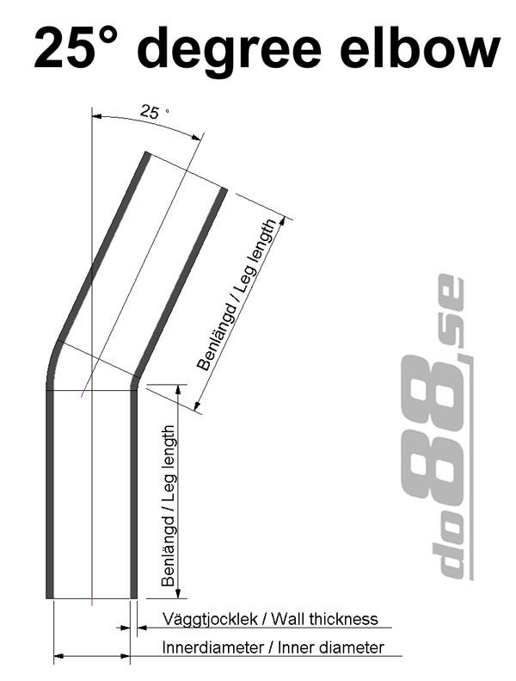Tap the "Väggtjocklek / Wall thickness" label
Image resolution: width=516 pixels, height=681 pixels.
(x=270, y=618)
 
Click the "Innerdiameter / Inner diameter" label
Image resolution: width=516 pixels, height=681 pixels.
(x=273, y=647)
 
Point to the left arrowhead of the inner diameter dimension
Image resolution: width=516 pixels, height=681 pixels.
(x=58, y=658)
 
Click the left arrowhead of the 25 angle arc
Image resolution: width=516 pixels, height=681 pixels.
(x=95, y=115)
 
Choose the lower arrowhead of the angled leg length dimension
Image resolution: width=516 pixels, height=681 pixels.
(x=199, y=406)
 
